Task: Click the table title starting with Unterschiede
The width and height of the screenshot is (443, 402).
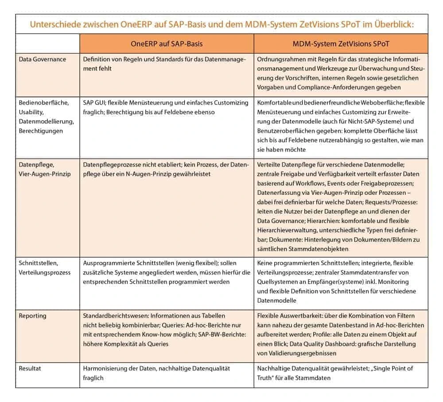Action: [x=221, y=24]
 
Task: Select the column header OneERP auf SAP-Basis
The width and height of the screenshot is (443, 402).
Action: [x=167, y=44]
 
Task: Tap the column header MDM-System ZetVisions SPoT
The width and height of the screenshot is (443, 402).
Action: [x=341, y=44]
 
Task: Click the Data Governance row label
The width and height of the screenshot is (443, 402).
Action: [x=42, y=59]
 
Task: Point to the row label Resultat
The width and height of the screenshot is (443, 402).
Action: [x=31, y=368]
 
